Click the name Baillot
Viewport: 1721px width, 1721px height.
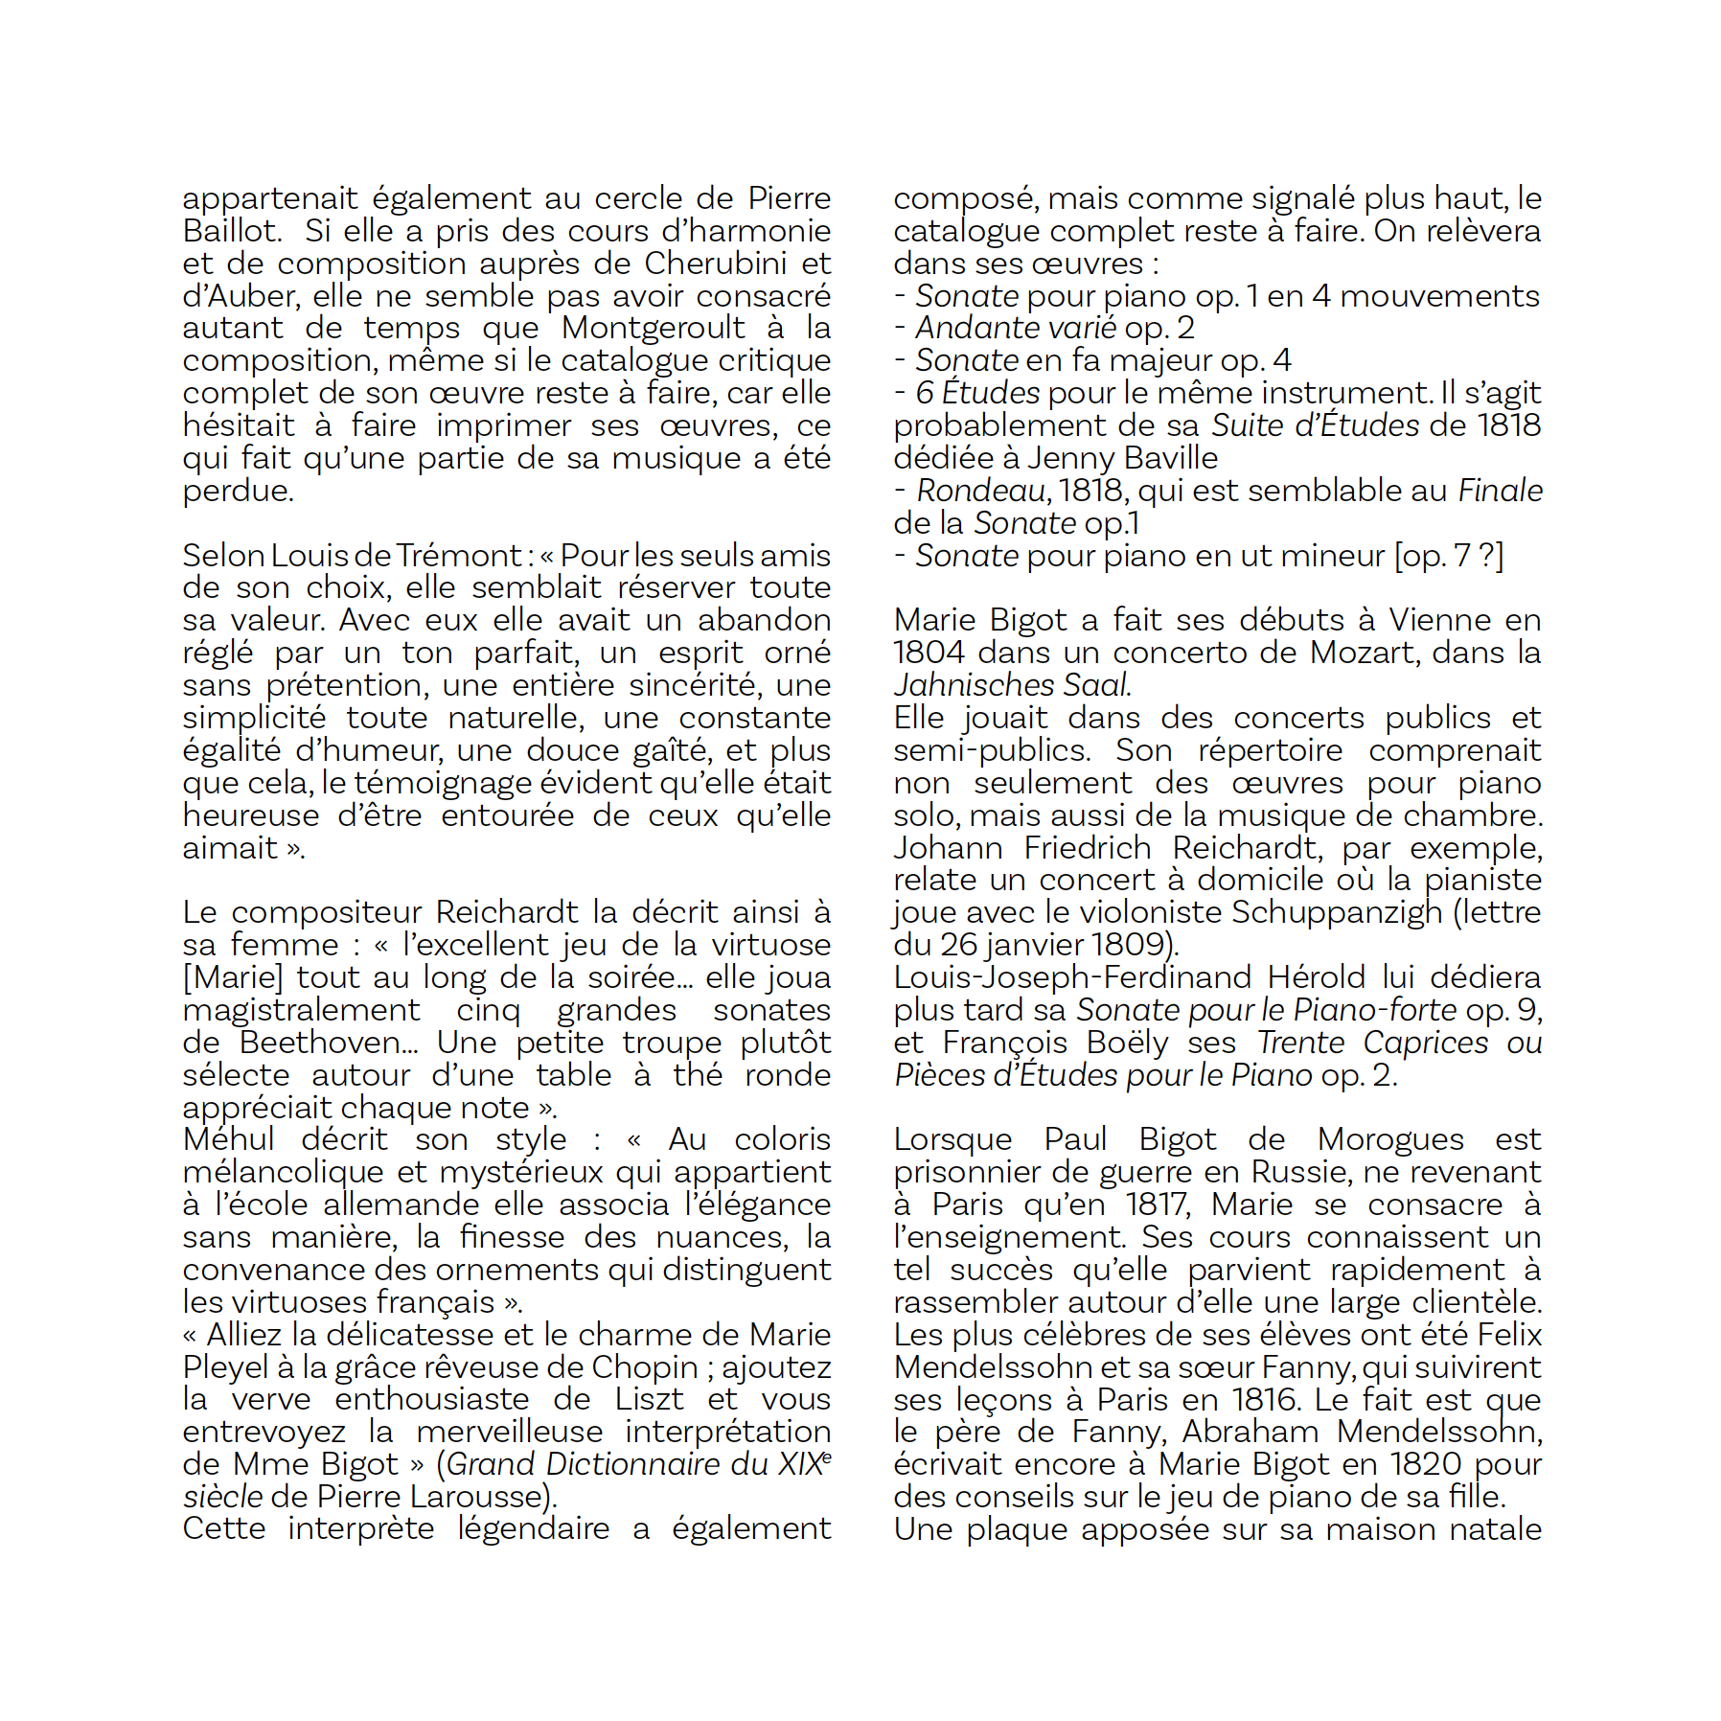231,231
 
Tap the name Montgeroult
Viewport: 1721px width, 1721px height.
653,328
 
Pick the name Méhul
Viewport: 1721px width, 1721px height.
228,1139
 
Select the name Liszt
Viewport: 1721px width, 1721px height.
650,1399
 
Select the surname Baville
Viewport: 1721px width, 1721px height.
1171,458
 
